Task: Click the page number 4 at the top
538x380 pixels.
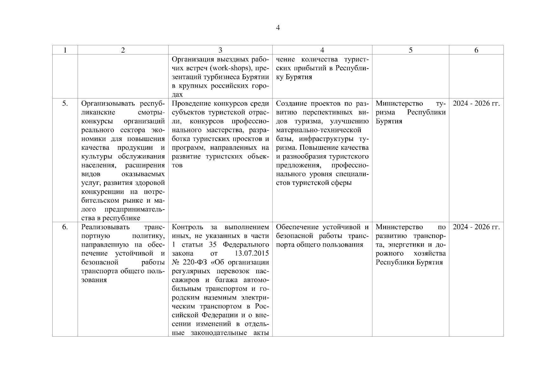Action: point(278,28)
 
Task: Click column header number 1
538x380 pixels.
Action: point(65,50)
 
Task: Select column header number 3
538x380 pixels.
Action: point(220,50)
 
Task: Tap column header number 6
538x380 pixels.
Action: point(476,50)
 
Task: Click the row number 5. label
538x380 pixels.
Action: point(65,104)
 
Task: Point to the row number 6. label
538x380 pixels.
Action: point(65,227)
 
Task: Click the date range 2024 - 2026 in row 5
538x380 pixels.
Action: point(476,104)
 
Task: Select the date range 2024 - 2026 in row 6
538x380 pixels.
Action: point(476,227)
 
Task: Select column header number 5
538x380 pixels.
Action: point(411,50)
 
